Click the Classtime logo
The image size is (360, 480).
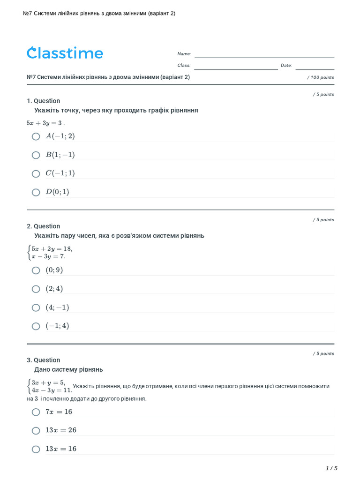point(65,53)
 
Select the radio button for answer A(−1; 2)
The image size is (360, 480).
point(36,136)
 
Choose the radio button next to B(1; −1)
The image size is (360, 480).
point(36,155)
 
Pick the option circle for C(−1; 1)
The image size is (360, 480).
point(36,174)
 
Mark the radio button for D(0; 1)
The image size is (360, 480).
point(36,192)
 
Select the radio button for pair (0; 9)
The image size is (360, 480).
point(36,270)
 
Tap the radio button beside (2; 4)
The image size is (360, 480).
point(36,289)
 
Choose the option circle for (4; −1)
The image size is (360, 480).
point(36,307)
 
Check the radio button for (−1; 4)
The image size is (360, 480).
point(36,326)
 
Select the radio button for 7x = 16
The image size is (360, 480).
point(36,412)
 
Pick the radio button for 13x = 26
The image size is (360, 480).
point(36,430)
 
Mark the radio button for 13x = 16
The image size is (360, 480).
point(36,449)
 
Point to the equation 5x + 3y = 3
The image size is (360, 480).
point(45,123)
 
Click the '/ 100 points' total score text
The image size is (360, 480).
point(321,77)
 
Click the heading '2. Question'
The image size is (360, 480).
point(44,226)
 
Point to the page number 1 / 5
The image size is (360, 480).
point(331,468)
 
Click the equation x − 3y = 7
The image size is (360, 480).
point(49,256)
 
